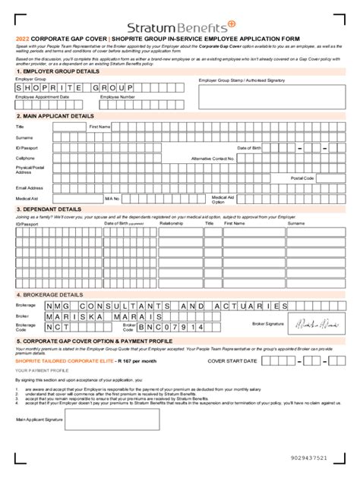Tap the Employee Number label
pyautogui.click(x=118, y=97)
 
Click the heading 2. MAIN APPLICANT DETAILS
pyautogui.click(x=54, y=117)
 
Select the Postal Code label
pyautogui.click(x=302, y=178)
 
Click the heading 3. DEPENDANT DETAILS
pyautogui.click(x=49, y=208)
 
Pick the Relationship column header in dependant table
pyautogui.click(x=172, y=223)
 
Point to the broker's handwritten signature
pyautogui.click(x=318, y=324)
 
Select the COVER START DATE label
pyautogui.click(x=231, y=360)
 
